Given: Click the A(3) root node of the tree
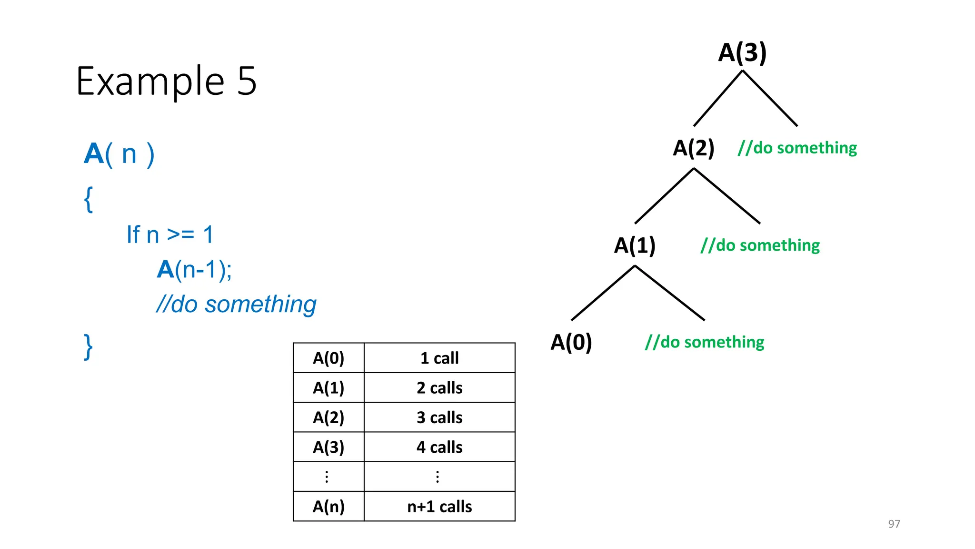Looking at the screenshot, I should (742, 52).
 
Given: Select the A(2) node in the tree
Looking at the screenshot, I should (693, 148).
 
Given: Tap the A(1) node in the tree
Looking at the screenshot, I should (635, 245).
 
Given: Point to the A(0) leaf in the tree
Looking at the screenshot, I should (571, 342).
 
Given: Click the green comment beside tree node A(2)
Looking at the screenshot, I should (797, 148).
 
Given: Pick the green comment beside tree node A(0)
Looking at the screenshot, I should (705, 342).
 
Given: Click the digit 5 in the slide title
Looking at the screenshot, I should (247, 81).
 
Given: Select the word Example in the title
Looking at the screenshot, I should (150, 81).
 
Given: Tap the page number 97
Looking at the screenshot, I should (894, 524).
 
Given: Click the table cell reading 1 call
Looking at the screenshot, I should (439, 358).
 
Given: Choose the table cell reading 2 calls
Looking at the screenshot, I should (439, 388).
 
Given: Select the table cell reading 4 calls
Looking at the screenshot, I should (439, 447).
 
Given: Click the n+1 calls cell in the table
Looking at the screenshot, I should (439, 507).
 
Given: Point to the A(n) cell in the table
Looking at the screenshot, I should (328, 507).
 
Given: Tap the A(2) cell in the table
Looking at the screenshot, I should (328, 417).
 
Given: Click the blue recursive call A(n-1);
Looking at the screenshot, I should (195, 270).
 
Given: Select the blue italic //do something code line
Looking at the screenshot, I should (236, 305).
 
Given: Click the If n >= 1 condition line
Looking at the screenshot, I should (170, 235).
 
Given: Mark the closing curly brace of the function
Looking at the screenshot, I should (88, 346).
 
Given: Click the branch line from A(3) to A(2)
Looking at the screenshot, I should (718, 99).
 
